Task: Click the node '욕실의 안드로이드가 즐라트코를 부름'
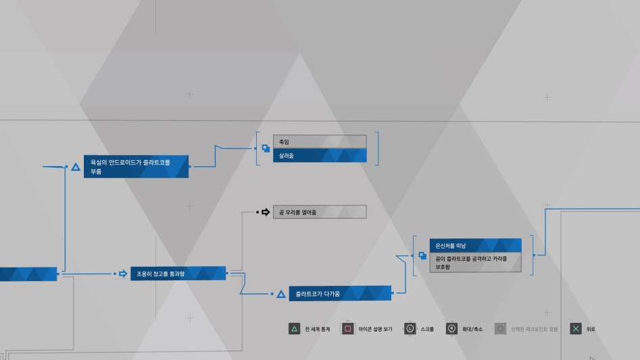tap(136, 166)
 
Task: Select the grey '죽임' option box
tap(319, 141)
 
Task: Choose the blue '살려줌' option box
tap(319, 156)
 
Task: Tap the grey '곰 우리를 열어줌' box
tap(319, 212)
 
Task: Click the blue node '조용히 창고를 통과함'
tap(178, 274)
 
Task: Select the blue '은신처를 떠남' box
tap(475, 245)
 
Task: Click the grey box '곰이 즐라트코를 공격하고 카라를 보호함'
tap(475, 263)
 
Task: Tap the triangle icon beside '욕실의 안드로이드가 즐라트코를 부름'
tap(76, 166)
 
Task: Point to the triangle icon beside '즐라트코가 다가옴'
tap(281, 294)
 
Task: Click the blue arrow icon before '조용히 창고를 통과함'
tap(122, 274)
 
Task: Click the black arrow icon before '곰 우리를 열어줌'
tap(266, 212)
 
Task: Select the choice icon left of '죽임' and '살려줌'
tap(266, 149)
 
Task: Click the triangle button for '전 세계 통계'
tap(295, 329)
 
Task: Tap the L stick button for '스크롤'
tap(410, 329)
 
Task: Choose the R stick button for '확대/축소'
tap(451, 329)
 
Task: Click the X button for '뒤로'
tap(575, 329)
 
